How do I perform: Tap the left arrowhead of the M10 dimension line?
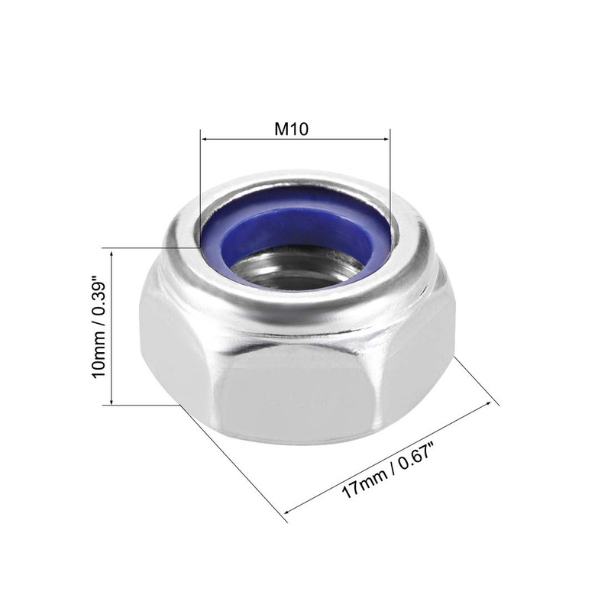pos(204,139)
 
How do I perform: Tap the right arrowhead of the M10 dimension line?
pos(386,139)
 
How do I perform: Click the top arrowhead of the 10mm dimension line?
pos(112,252)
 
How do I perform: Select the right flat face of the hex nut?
pos(416,359)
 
